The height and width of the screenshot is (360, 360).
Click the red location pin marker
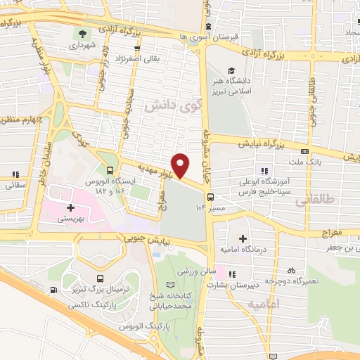(x=181, y=166)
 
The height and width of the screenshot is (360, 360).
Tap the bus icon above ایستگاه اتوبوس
(x=109, y=169)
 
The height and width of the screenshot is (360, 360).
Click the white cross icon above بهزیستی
(x=70, y=208)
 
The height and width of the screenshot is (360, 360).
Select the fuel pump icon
(x=53, y=290)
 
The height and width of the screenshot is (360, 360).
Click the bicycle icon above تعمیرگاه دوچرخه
(x=290, y=271)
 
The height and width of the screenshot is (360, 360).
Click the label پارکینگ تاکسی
(x=88, y=307)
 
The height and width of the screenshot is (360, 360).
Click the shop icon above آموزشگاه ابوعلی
(x=264, y=171)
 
